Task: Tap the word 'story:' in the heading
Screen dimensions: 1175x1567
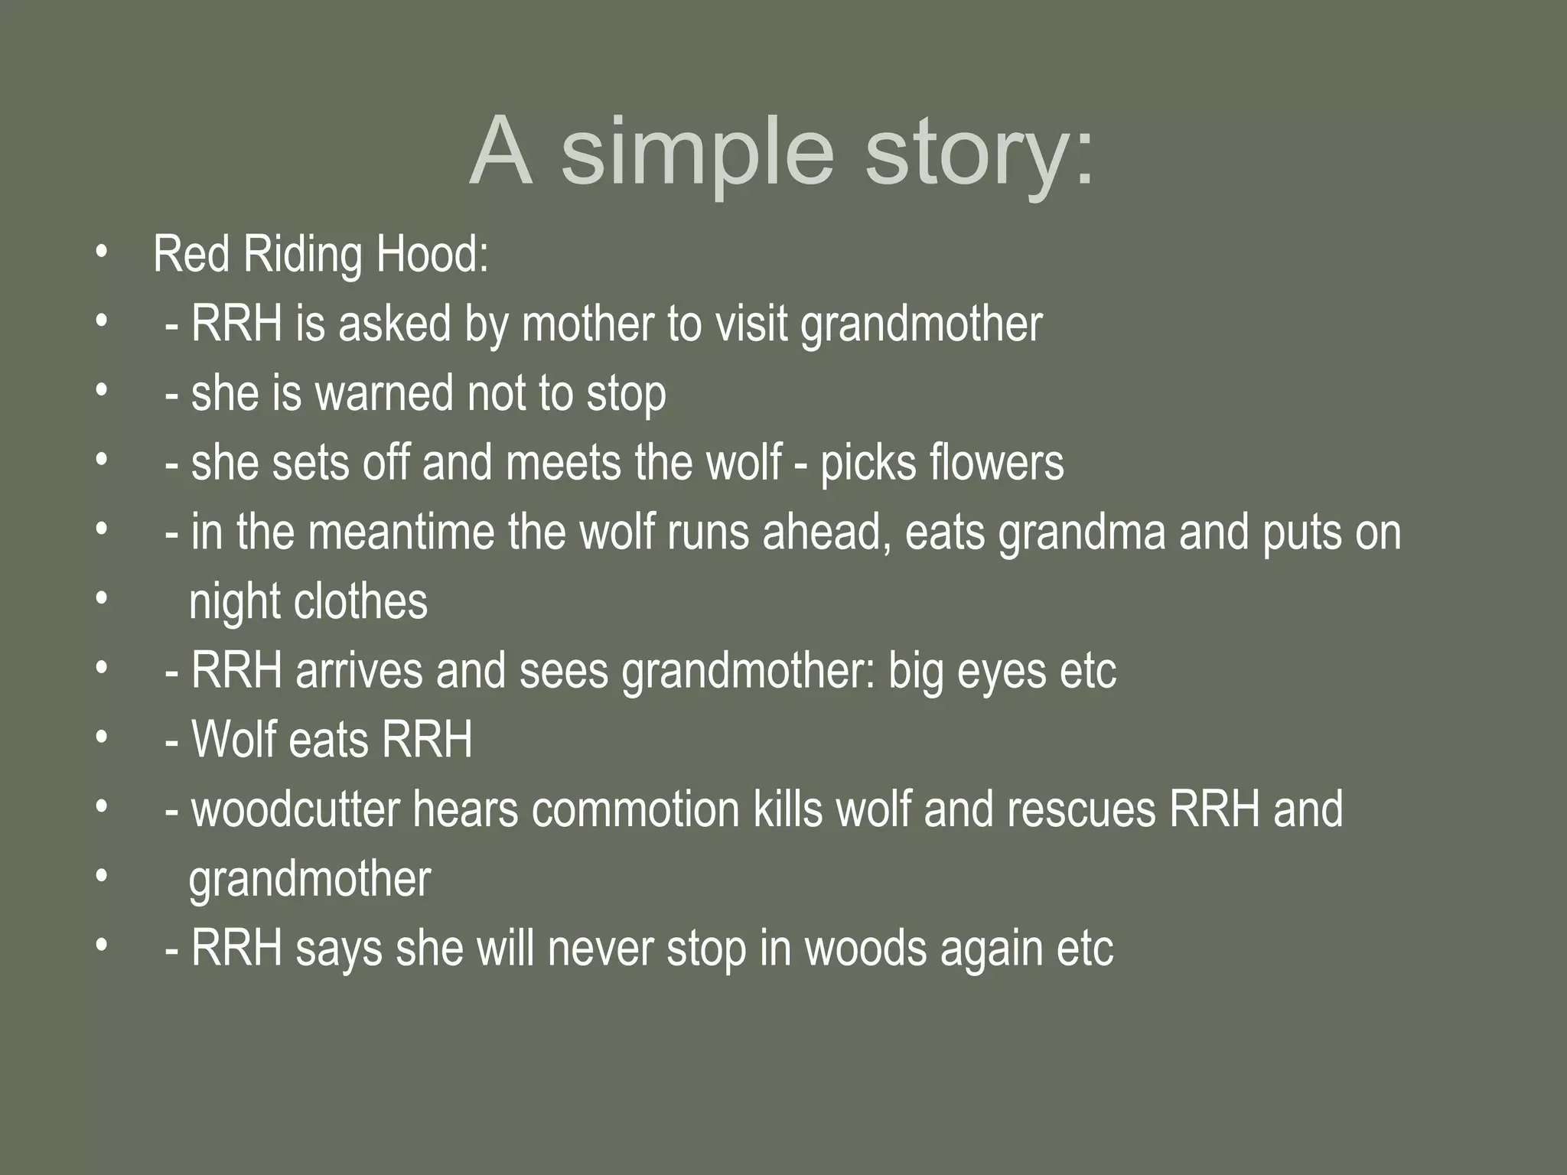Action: pyautogui.click(x=980, y=153)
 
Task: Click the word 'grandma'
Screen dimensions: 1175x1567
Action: pyautogui.click(x=1082, y=532)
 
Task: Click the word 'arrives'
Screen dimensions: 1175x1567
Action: pyautogui.click(x=359, y=671)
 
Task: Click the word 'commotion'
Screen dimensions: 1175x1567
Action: pyautogui.click(x=635, y=809)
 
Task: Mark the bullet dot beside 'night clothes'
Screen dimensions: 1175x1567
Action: pyautogui.click(x=100, y=600)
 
